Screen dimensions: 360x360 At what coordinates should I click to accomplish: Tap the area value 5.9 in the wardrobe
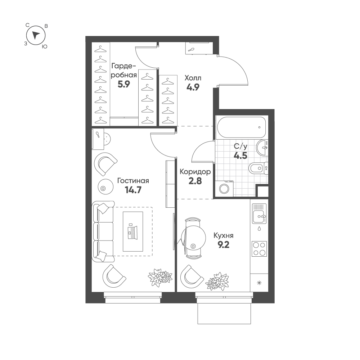click(x=124, y=85)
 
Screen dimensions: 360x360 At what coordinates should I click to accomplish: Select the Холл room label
click(x=193, y=78)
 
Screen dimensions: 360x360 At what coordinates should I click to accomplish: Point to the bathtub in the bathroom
click(x=241, y=127)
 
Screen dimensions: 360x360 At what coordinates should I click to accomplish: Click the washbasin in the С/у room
click(x=262, y=148)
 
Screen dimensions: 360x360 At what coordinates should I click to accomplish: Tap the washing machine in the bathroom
click(x=224, y=189)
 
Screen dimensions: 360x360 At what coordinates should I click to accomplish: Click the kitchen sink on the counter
click(x=259, y=213)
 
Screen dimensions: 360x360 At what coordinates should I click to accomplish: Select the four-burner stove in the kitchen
click(x=259, y=249)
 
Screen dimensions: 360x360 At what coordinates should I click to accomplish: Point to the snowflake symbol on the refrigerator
click(x=259, y=283)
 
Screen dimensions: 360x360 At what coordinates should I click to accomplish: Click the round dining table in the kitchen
click(x=192, y=238)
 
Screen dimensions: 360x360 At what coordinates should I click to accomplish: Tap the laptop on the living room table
click(x=132, y=231)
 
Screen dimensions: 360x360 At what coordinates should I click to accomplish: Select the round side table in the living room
click(x=105, y=186)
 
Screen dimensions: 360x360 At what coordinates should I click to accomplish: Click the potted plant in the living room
click(x=160, y=277)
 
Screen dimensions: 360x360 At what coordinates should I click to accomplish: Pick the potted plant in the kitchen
click(x=217, y=281)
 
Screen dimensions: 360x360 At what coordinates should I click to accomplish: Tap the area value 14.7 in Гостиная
click(x=133, y=190)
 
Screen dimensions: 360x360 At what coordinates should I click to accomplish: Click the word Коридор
click(x=195, y=172)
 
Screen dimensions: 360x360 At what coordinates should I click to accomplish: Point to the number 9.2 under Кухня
click(x=224, y=245)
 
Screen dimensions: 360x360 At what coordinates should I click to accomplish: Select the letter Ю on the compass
click(x=45, y=46)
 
